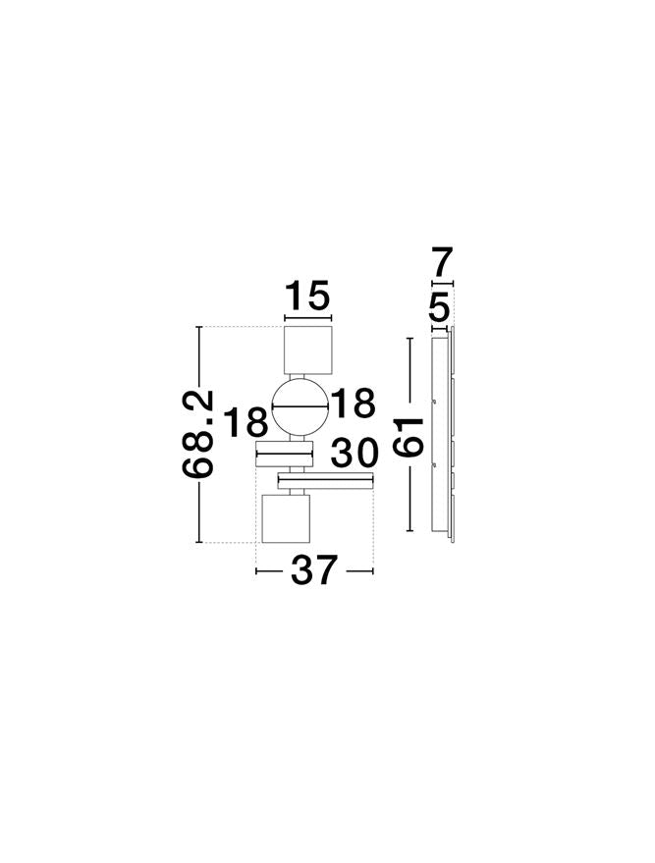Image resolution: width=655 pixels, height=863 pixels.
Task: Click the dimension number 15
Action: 307,296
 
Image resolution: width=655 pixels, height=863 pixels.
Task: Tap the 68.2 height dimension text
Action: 198,434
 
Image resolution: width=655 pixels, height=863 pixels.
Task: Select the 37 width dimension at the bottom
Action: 314,570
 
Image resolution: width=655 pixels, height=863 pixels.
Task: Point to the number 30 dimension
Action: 355,454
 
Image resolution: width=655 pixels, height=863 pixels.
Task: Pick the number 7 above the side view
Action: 442,264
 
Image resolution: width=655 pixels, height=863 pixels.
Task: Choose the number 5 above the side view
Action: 439,310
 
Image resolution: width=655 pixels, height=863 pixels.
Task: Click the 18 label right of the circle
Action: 353,405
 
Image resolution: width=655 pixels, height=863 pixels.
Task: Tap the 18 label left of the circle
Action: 245,423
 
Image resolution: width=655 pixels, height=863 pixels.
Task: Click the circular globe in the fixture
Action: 299,408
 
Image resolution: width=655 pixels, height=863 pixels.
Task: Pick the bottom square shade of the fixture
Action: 286,519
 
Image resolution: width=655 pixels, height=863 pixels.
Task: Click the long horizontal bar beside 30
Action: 327,480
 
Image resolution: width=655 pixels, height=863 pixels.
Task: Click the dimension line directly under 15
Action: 308,317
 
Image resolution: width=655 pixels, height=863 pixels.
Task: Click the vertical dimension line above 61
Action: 409,373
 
